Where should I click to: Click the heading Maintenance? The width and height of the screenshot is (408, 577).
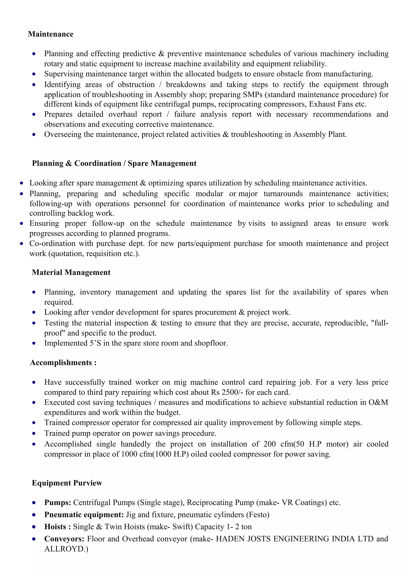click(51, 34)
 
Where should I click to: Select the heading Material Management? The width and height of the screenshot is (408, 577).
click(71, 272)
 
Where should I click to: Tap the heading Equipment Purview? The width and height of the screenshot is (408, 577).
click(67, 483)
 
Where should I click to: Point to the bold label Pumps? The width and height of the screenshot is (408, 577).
click(58, 503)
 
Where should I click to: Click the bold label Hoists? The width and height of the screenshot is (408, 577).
click(55, 527)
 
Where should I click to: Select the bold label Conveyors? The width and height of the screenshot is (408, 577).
click(64, 539)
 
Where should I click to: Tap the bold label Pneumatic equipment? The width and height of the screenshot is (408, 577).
click(84, 515)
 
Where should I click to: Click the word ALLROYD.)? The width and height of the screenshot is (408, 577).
click(66, 549)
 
